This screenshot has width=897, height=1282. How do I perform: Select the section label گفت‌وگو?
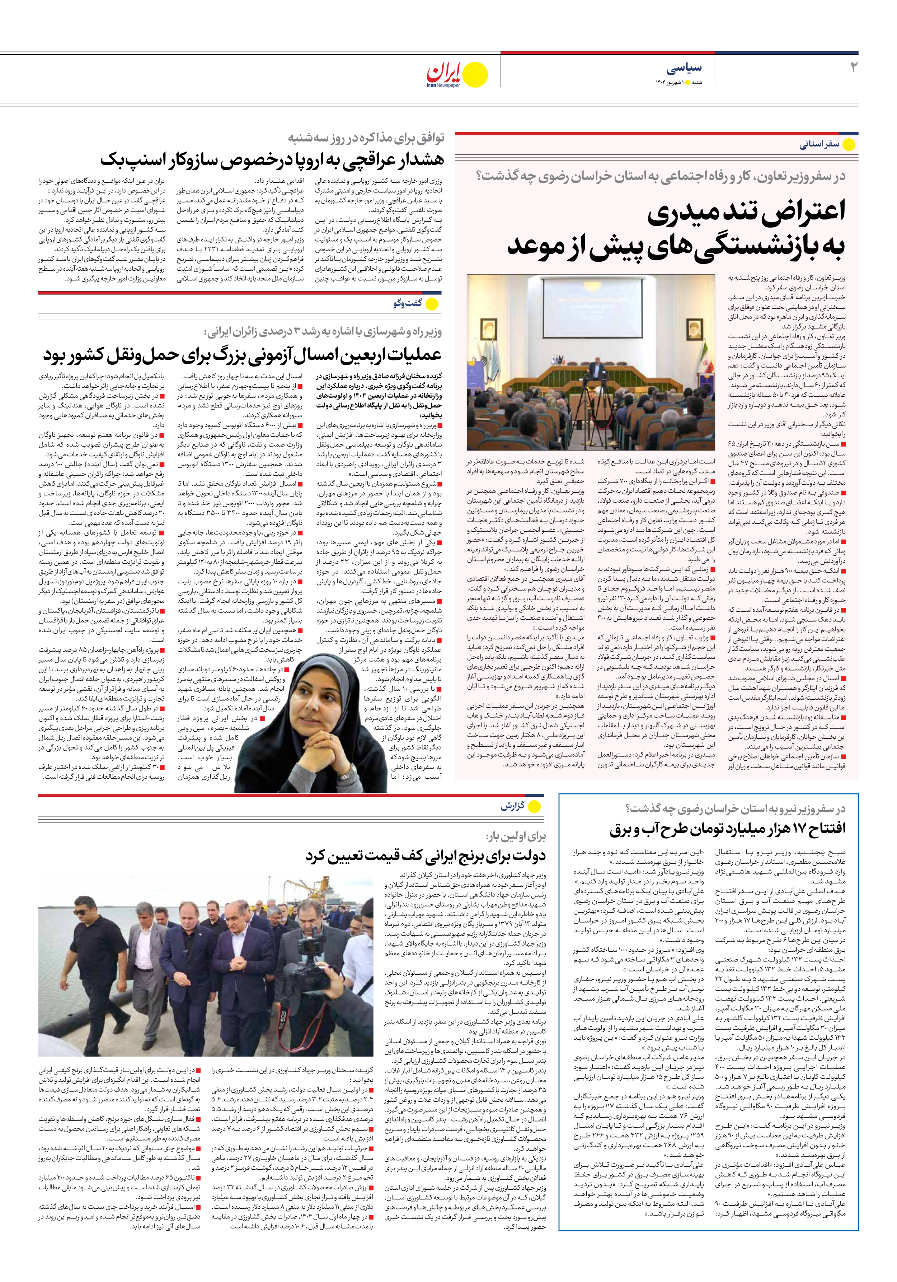pyautogui.click(x=408, y=303)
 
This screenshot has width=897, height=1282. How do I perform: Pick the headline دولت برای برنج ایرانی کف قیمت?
pyautogui.click(x=425, y=856)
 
